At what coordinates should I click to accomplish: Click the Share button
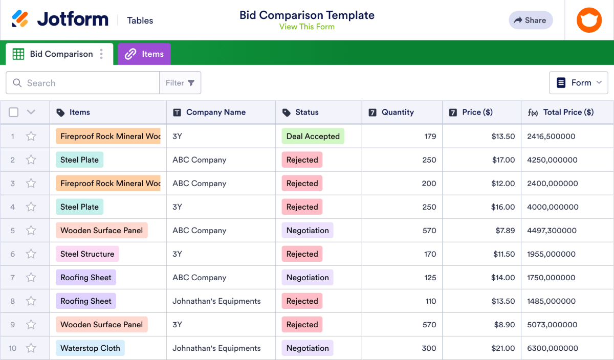click(x=531, y=20)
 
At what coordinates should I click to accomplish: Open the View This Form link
click(x=307, y=27)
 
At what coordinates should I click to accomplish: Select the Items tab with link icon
click(x=144, y=54)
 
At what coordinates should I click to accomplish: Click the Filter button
click(x=180, y=83)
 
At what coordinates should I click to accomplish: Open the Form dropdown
click(x=578, y=83)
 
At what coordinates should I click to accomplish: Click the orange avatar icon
click(x=589, y=20)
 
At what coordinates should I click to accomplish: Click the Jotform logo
click(x=60, y=19)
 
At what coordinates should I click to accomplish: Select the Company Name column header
click(x=215, y=112)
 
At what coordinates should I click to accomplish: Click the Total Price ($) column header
click(x=568, y=112)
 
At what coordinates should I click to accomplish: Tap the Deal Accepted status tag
click(x=313, y=137)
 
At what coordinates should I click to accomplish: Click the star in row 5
click(x=31, y=231)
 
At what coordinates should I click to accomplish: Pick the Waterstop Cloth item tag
click(x=90, y=348)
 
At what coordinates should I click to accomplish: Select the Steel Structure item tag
click(x=87, y=254)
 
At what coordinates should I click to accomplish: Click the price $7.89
click(x=505, y=231)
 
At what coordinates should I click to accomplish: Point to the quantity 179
click(x=430, y=137)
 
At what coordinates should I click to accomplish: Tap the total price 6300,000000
click(x=553, y=348)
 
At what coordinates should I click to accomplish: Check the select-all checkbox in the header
click(x=14, y=112)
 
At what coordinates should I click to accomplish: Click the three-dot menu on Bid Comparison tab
click(x=102, y=54)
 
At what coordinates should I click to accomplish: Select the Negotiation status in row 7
click(x=307, y=278)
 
